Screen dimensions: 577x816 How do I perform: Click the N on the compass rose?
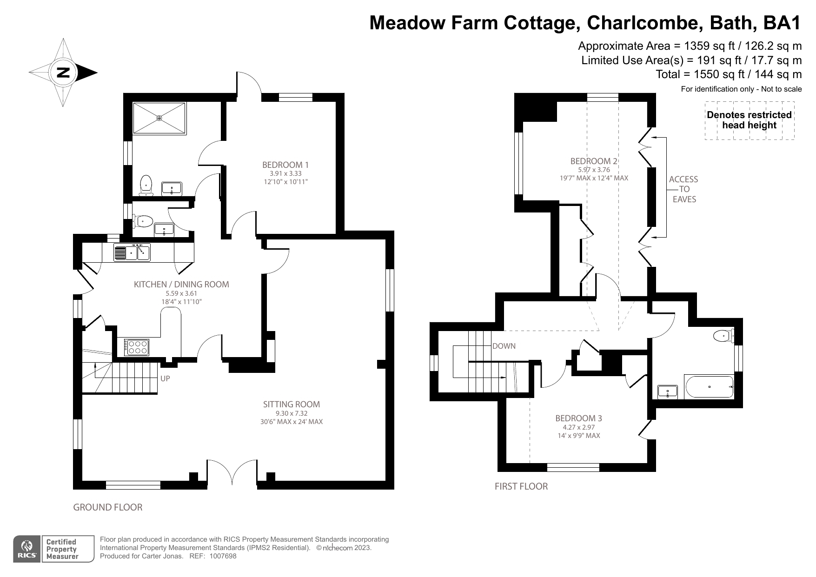tap(63, 73)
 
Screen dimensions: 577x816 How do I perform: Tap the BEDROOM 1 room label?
tap(285, 165)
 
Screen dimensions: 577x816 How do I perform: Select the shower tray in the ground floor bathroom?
tap(159, 119)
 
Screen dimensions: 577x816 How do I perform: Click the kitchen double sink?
tap(132, 252)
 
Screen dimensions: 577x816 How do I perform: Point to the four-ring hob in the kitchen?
tap(137, 347)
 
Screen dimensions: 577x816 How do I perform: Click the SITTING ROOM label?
tap(291, 405)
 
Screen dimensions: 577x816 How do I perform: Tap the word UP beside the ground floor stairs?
tap(165, 378)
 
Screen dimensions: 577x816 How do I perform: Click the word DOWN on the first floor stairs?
tap(504, 346)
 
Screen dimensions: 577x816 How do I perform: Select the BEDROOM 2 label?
tap(594, 161)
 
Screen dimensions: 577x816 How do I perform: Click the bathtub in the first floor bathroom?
tap(709, 387)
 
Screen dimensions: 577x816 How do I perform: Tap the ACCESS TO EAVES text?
tap(683, 189)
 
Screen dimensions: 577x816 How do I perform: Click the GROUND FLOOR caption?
tap(108, 507)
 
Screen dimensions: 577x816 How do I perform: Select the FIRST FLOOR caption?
tap(521, 486)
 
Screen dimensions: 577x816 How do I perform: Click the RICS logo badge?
tap(27, 549)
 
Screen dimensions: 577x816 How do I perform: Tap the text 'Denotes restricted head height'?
tap(749, 120)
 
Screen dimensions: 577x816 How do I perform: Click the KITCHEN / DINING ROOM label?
tap(181, 285)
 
